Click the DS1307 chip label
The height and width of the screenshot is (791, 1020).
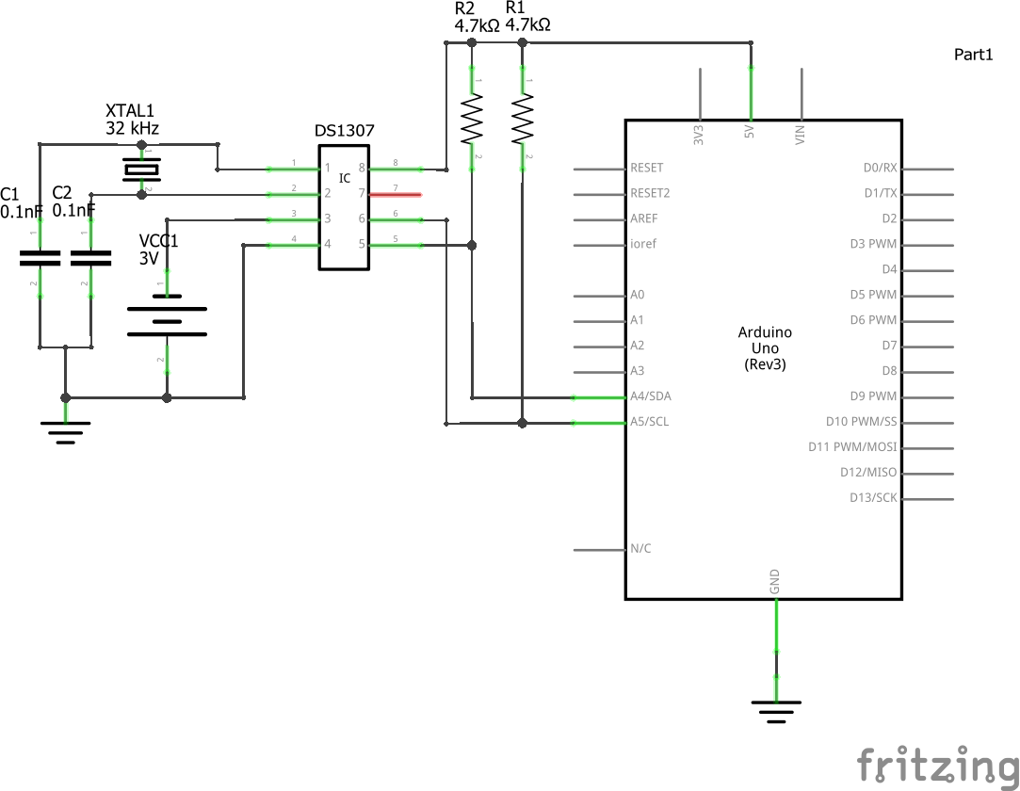[344, 131]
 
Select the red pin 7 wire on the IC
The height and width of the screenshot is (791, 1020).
[395, 194]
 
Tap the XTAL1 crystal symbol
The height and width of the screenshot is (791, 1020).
[142, 170]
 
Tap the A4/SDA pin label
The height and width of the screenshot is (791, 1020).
[651, 396]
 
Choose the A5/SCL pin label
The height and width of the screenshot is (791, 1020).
[650, 422]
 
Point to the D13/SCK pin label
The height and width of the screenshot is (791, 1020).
[873, 497]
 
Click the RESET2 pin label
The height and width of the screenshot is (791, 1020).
[651, 193]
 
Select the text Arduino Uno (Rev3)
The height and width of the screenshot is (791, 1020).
[764, 347]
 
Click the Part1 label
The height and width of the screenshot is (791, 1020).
[973, 55]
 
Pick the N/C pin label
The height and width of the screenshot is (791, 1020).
[640, 548]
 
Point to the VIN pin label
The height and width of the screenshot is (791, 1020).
[801, 136]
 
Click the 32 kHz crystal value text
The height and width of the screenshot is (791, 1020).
[132, 128]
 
